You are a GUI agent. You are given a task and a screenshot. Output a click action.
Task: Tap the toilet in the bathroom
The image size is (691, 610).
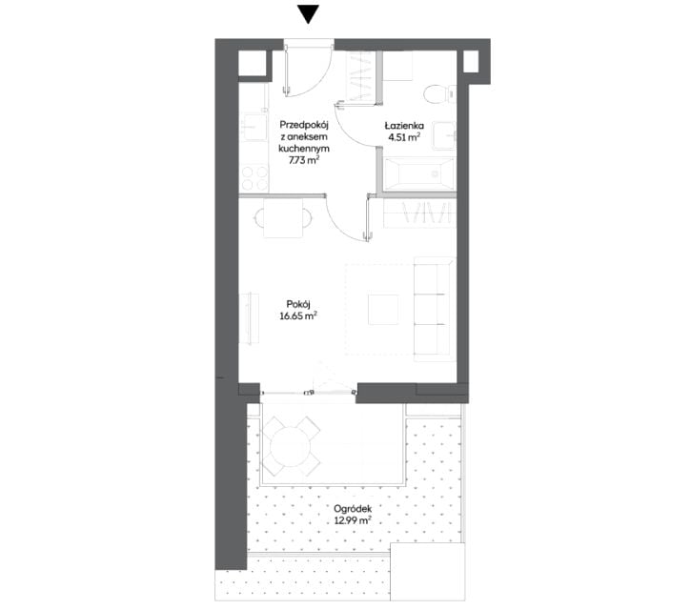click(x=439, y=93)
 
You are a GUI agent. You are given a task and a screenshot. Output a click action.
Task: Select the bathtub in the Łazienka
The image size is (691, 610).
click(x=418, y=173)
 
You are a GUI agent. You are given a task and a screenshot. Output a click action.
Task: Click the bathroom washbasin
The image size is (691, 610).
click(x=443, y=135)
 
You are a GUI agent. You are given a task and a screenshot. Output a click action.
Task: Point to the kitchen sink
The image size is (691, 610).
click(x=254, y=128)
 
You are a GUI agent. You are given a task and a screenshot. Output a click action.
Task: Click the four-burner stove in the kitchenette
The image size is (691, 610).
click(x=254, y=178)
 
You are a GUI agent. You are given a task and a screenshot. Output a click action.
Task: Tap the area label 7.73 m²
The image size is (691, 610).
click(x=304, y=160)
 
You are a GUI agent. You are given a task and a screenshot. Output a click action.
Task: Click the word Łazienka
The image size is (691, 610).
click(x=404, y=126)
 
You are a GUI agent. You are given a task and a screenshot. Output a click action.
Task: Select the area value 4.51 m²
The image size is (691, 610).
click(x=404, y=137)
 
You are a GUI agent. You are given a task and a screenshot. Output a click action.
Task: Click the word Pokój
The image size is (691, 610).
click(x=298, y=304)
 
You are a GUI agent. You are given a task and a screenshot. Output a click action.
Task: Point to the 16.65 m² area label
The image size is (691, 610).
click(x=298, y=315)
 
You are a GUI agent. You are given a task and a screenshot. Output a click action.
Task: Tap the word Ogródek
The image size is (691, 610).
click(x=353, y=509)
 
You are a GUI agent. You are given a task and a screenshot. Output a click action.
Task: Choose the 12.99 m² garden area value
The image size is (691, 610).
click(x=353, y=520)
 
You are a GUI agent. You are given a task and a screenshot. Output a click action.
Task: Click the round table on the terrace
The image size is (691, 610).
click(x=291, y=447)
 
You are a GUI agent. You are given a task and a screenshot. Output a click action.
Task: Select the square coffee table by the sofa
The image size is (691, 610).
click(x=383, y=310)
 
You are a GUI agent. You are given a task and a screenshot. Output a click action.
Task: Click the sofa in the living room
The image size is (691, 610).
click(x=434, y=310)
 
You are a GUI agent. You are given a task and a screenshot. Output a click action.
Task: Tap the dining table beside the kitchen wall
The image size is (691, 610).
click(x=283, y=217)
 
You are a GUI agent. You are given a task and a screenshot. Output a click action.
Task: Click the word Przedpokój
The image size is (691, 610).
click(x=304, y=125)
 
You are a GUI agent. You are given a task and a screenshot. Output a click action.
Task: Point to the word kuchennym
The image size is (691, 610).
click(x=304, y=149)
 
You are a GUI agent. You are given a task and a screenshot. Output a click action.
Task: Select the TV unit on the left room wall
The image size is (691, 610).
click(x=249, y=318)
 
